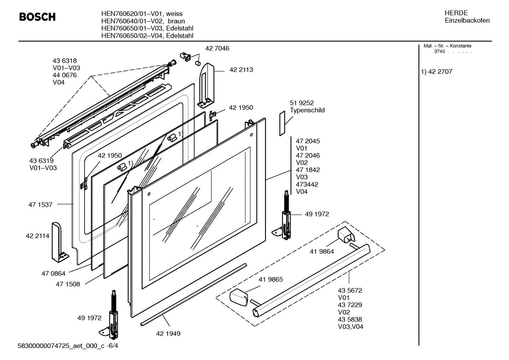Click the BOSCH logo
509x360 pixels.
37,17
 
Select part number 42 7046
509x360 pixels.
217,48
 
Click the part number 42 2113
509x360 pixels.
241,70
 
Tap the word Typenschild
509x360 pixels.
307,110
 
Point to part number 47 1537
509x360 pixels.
40,205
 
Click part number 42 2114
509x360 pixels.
37,236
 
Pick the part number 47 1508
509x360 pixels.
68,284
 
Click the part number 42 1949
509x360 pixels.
168,334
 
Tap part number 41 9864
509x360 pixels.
322,252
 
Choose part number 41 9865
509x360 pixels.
271,279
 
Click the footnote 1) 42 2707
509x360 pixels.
437,72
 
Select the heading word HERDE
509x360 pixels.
456,13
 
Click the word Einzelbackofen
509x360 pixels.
467,20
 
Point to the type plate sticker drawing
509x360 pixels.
282,123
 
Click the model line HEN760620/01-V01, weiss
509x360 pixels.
142,14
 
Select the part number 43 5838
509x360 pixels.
350,319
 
